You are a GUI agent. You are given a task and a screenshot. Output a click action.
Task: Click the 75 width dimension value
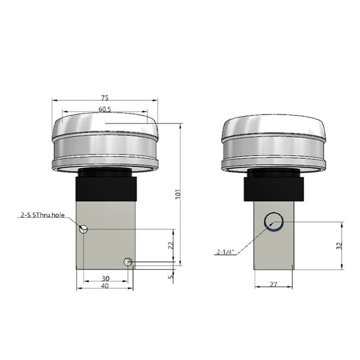(x=105, y=97)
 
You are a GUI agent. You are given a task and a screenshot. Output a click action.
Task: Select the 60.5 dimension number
(x=105, y=109)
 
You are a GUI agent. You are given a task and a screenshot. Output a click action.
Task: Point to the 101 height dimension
(x=177, y=195)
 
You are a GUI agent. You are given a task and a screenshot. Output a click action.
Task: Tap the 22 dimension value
(x=171, y=244)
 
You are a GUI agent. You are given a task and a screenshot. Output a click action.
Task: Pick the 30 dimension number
(x=105, y=279)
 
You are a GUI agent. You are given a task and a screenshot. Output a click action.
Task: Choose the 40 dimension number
(x=105, y=286)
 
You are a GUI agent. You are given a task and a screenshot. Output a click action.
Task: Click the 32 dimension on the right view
(x=340, y=246)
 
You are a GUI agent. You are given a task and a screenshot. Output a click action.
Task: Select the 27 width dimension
(x=273, y=285)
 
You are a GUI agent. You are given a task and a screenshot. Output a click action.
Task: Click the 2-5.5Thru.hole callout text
(x=43, y=214)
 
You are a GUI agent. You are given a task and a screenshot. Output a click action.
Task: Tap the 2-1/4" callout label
(x=225, y=252)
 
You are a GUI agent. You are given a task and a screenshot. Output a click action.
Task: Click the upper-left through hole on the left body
(x=83, y=229)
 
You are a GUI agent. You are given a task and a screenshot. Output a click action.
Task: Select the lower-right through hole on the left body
(x=128, y=261)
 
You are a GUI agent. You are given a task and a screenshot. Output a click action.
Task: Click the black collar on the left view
(x=105, y=187)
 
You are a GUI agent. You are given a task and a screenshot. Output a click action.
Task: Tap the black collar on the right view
(x=273, y=187)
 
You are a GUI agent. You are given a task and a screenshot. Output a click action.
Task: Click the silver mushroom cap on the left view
(x=105, y=142)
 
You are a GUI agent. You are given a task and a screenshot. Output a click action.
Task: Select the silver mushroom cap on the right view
(x=273, y=142)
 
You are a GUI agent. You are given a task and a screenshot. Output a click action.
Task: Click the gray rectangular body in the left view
(x=105, y=240)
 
